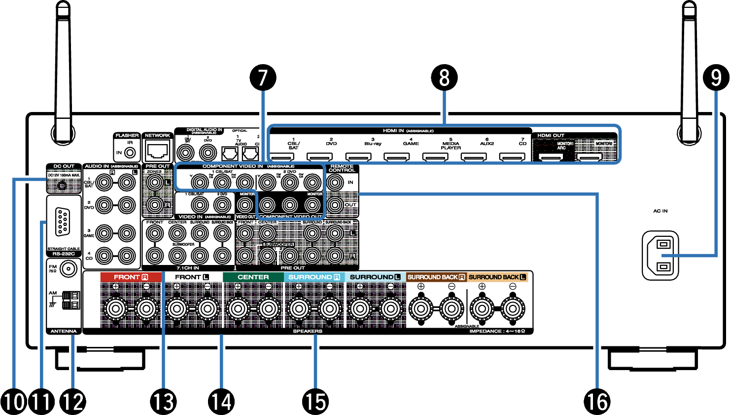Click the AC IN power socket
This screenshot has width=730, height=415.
[x=660, y=256]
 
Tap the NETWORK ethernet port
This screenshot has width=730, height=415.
[x=158, y=149]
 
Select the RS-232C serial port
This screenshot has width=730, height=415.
[x=63, y=222]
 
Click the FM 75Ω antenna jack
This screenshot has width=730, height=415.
[x=68, y=269]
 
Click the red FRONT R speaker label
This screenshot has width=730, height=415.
[x=131, y=277]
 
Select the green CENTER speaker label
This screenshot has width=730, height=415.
[x=253, y=277]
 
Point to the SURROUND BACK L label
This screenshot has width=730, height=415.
[x=497, y=277]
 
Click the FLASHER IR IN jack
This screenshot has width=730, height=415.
[x=130, y=153]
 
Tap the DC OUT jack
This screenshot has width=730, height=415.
[x=62, y=186]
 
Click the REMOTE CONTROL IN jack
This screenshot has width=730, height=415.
[x=335, y=183]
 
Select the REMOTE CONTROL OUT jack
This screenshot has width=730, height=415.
[x=335, y=204]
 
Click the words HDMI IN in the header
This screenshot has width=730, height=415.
[x=393, y=131]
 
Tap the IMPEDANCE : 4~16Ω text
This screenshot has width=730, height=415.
[x=497, y=331]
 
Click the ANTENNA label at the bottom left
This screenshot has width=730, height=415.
[x=64, y=331]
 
